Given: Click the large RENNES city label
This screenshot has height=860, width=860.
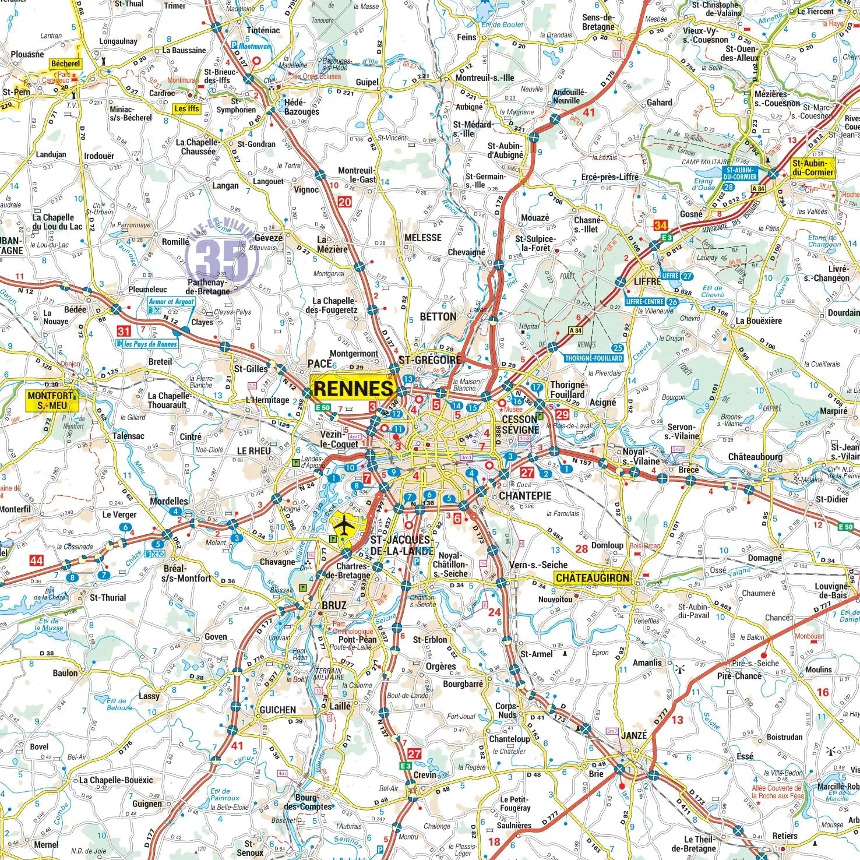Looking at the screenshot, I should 353,389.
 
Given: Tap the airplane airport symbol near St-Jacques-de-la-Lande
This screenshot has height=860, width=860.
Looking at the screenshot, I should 346,526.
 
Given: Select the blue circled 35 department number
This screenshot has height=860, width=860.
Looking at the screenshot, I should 221,258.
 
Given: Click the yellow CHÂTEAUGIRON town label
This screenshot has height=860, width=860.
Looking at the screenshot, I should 592,578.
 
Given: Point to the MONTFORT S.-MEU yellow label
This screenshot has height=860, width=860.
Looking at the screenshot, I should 51,400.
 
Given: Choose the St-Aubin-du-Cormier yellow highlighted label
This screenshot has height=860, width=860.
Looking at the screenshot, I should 813,168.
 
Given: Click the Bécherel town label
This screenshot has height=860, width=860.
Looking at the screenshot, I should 65,64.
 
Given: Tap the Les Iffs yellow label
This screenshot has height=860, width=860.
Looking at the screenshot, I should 186,108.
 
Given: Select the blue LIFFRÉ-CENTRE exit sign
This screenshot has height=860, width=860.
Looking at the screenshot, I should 645,302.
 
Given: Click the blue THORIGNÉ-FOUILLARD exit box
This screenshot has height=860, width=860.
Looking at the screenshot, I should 594,358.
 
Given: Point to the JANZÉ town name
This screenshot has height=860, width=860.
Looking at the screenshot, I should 634,735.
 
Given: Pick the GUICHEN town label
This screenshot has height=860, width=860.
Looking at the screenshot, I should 277,710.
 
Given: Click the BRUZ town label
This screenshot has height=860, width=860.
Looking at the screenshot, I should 334,605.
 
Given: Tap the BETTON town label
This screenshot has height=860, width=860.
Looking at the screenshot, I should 438,316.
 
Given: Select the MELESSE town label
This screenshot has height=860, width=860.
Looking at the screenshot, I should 423,238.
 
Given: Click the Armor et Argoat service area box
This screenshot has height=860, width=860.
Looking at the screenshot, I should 171,302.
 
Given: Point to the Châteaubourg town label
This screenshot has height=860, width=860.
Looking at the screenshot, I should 755,457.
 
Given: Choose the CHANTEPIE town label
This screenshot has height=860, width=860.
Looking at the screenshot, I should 525,496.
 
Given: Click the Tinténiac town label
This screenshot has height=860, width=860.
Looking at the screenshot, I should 263,30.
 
